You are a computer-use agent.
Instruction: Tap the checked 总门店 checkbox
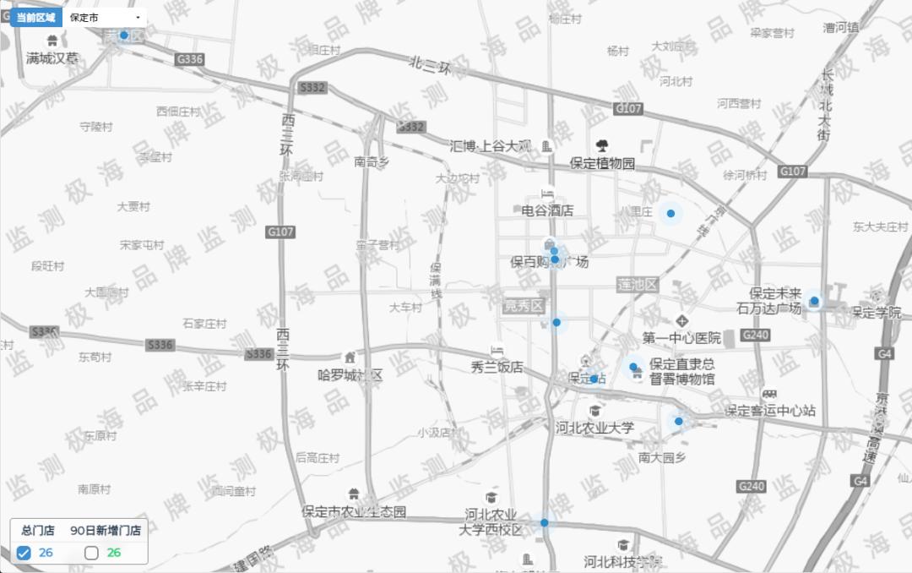coord(24,553)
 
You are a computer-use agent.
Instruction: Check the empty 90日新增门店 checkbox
coord(92,553)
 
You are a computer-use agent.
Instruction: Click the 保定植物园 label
coord(602,163)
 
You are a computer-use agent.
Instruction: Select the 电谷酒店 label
coord(547,210)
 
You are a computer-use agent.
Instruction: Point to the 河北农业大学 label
coord(594,428)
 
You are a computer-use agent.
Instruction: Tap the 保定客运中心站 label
coord(770,411)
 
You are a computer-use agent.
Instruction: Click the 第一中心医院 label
coord(681,338)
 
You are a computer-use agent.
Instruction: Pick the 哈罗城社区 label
coord(350,374)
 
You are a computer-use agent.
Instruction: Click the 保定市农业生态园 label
coord(354,511)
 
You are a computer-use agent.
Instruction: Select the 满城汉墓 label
coord(52,58)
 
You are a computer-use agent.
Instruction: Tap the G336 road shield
coord(190,59)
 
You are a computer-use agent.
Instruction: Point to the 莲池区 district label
coord(638,284)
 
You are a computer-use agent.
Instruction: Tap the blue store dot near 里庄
coord(670,214)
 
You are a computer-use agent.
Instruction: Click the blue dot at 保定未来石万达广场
coord(814,301)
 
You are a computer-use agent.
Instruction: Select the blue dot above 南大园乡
coord(678,421)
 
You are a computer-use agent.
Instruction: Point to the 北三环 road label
coord(430,64)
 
